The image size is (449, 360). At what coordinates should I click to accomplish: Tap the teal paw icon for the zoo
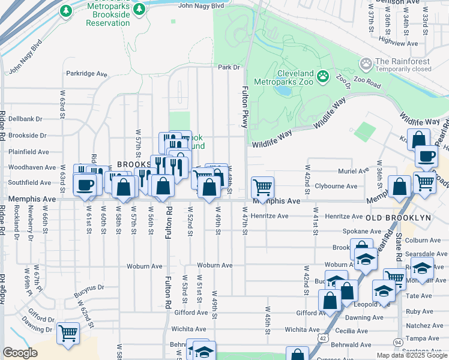tap(323, 76)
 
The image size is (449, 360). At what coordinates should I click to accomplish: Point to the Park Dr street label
tap(229, 67)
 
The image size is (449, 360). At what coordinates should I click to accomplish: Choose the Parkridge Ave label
tap(86, 74)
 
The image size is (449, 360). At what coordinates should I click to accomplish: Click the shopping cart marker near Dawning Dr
tap(68, 332)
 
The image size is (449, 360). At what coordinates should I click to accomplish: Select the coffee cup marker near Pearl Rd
tap(426, 157)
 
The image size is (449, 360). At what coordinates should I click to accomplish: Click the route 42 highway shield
tap(324, 338)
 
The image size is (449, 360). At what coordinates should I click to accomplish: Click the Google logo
tap(20, 353)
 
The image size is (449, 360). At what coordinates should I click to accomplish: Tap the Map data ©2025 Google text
tap(412, 355)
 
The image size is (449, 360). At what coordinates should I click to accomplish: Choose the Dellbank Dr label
tap(26, 119)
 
